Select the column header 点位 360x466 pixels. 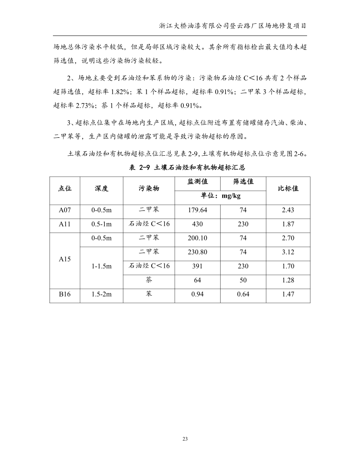tap(65, 188)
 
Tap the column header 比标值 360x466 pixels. tap(288, 188)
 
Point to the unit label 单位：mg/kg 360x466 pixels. tap(221, 195)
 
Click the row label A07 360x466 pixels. tap(65, 210)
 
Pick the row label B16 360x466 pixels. tap(65, 294)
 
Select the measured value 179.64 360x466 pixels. tap(198, 210)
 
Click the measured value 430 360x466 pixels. tap(198, 224)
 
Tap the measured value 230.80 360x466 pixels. tap(198, 252)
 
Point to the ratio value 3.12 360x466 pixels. tap(288, 252)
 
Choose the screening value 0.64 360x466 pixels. tap(243, 294)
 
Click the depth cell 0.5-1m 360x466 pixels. tap(101, 224)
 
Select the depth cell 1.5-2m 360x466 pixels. tap(101, 294)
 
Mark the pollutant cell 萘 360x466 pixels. tap(149, 280)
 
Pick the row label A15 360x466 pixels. tap(65, 259)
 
